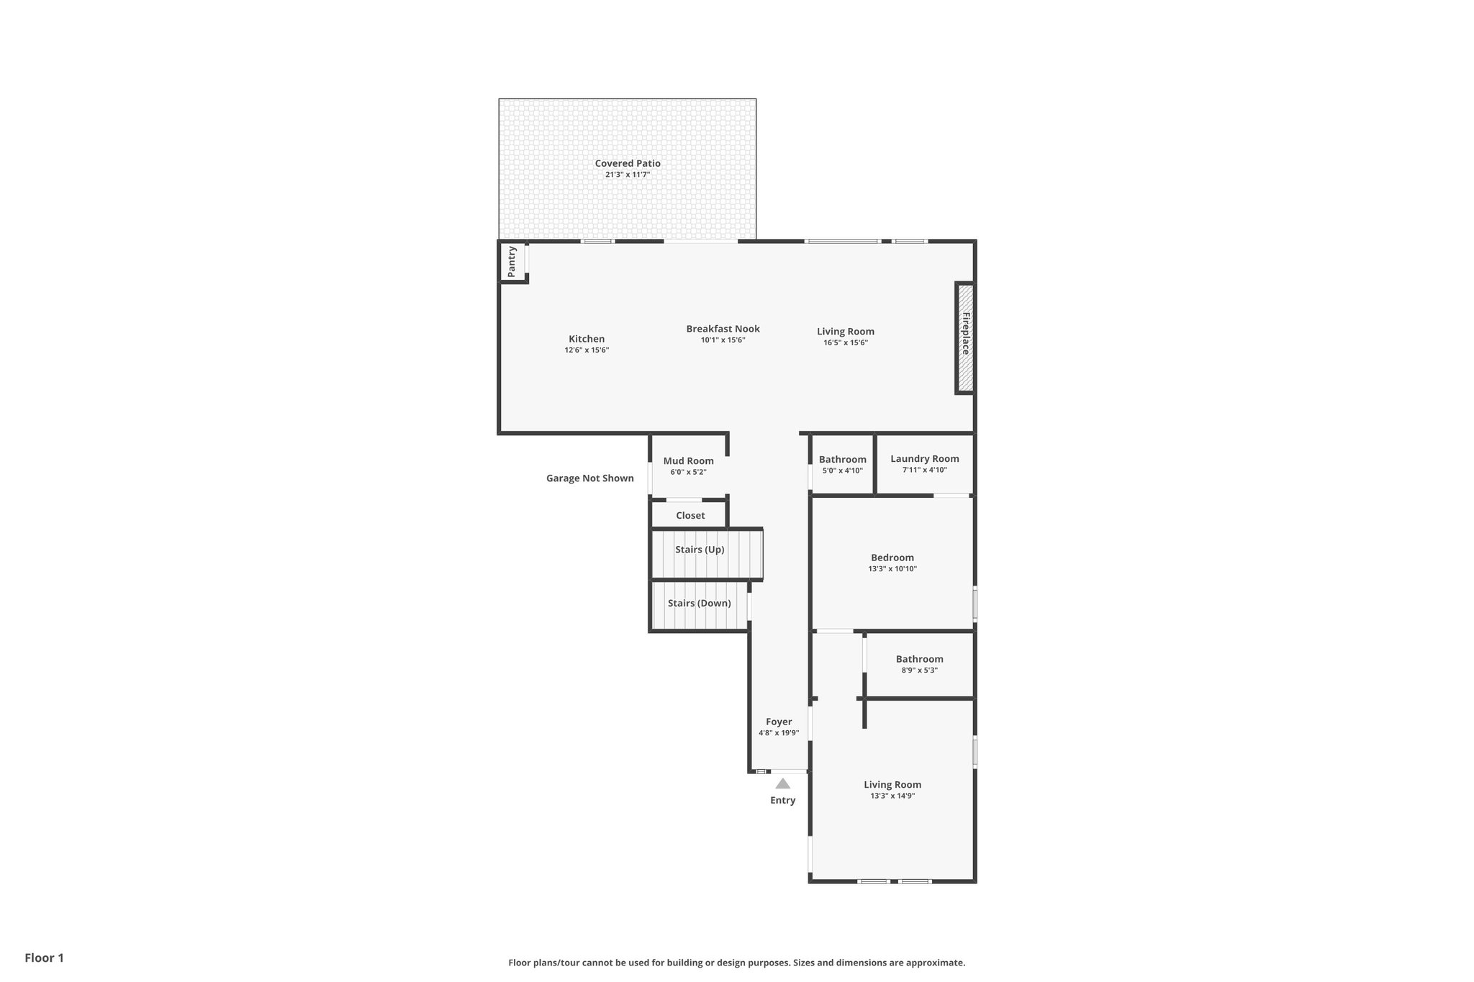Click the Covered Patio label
click(x=627, y=163)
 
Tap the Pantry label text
click(x=512, y=262)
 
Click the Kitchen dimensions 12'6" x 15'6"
click(x=587, y=350)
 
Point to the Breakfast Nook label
click(x=723, y=329)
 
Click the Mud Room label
click(x=688, y=461)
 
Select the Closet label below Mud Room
click(x=690, y=516)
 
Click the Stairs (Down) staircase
click(x=699, y=606)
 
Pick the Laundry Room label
click(x=924, y=459)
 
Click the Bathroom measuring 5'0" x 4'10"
click(x=842, y=465)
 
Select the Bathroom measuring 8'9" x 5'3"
click(x=919, y=664)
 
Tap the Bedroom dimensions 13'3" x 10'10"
click(x=892, y=569)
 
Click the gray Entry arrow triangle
click(x=782, y=784)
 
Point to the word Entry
click(x=782, y=801)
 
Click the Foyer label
click(x=779, y=722)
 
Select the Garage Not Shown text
click(x=589, y=478)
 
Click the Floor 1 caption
click(x=44, y=958)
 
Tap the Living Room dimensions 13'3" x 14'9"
click(x=892, y=796)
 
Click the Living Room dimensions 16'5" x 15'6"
click(x=846, y=343)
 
